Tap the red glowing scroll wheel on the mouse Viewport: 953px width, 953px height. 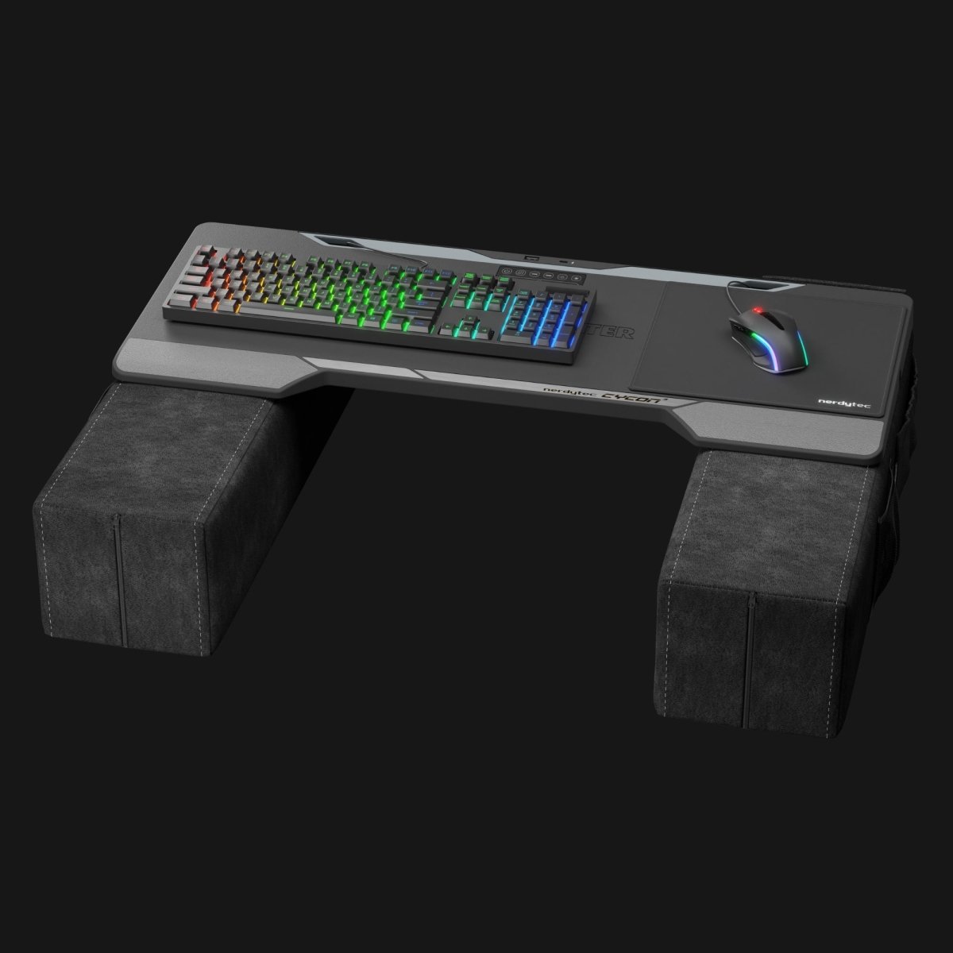[x=758, y=310]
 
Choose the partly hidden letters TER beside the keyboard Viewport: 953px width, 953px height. [x=615, y=332]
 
